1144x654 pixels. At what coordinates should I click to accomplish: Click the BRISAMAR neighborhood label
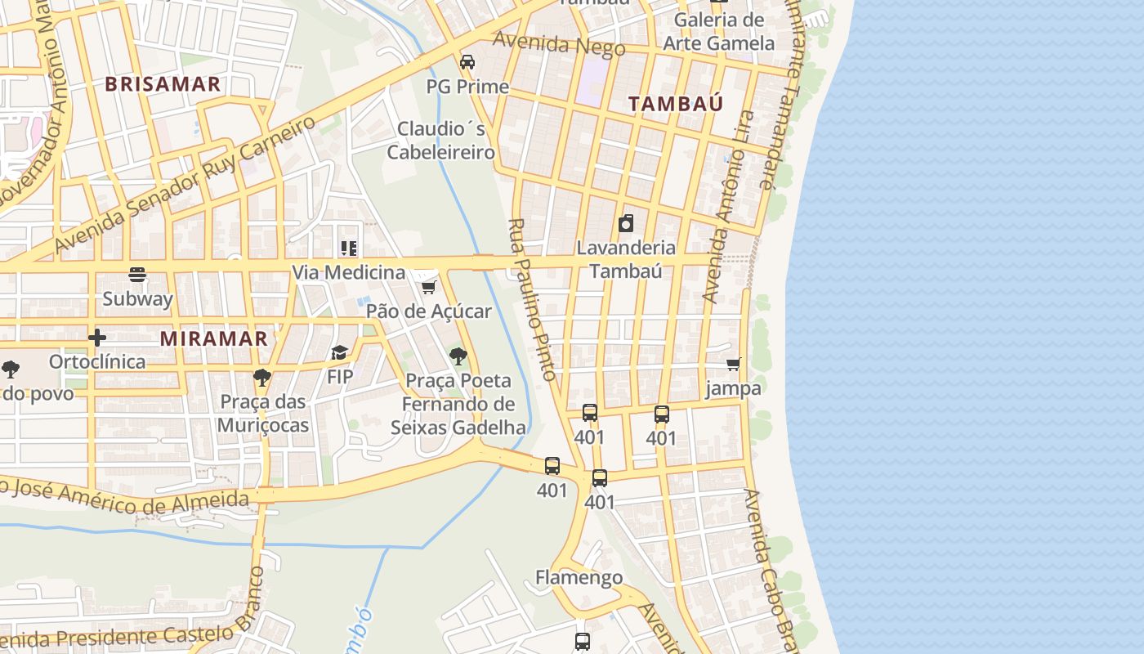click(163, 83)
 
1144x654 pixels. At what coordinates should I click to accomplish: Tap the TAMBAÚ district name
click(675, 103)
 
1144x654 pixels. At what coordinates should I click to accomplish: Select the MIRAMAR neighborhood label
click(213, 338)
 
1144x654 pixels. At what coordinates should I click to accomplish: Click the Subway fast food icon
click(137, 275)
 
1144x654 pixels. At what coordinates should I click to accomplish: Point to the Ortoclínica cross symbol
click(97, 337)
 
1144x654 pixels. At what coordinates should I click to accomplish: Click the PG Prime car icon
click(467, 62)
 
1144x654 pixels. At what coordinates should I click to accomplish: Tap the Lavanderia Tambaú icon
click(626, 223)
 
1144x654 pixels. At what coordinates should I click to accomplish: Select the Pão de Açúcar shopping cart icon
click(428, 287)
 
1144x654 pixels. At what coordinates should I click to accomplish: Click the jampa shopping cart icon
click(733, 364)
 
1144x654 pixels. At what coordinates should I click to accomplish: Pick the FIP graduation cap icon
click(339, 352)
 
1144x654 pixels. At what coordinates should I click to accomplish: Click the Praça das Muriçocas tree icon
click(262, 377)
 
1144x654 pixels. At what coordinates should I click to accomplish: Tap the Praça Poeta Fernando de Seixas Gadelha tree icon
click(458, 356)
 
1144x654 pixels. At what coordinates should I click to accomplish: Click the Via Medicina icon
click(349, 248)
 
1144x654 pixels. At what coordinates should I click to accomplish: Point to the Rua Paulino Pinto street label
click(532, 299)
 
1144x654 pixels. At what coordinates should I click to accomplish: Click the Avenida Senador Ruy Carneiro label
click(185, 185)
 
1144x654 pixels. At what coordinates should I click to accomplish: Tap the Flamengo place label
click(579, 578)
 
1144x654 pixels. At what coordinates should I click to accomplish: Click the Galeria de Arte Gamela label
click(718, 32)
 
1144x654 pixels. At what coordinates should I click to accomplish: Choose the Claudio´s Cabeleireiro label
click(440, 141)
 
